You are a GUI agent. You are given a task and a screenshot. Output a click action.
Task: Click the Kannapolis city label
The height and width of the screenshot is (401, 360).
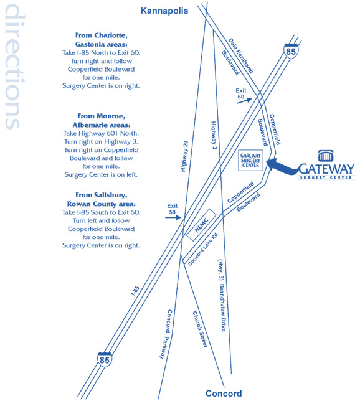164,11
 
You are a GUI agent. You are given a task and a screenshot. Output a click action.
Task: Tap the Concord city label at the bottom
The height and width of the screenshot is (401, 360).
224,394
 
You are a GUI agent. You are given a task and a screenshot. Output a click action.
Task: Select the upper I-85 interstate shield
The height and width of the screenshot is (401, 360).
291,51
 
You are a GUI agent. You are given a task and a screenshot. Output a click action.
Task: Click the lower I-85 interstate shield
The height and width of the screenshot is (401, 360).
105,359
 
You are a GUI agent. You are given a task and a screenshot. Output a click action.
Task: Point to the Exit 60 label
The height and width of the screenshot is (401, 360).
241,93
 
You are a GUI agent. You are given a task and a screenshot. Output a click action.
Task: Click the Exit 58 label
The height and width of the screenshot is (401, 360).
172,209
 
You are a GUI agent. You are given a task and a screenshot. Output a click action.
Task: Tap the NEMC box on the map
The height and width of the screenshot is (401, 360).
201,225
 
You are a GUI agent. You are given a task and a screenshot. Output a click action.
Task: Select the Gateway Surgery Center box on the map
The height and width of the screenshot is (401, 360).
250,161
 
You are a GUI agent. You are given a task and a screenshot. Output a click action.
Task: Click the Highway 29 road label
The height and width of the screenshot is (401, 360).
184,156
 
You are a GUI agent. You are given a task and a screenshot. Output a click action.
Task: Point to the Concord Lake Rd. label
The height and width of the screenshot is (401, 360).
204,249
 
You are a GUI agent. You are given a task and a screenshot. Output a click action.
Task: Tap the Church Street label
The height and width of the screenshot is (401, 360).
200,329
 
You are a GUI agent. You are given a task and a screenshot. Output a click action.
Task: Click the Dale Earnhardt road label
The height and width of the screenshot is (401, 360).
240,56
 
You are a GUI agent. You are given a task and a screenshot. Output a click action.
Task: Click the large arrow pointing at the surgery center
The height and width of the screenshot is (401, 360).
282,167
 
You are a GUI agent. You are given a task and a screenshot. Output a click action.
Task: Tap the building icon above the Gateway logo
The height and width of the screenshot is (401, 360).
326,156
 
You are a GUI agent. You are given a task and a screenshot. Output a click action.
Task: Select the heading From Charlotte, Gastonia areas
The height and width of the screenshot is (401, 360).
102,40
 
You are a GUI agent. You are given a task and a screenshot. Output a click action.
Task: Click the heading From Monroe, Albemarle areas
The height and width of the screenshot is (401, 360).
102,120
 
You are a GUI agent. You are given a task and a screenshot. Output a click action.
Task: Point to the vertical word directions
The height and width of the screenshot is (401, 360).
15,67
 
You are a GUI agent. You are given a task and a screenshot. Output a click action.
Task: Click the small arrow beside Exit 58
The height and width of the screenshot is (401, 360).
173,218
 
